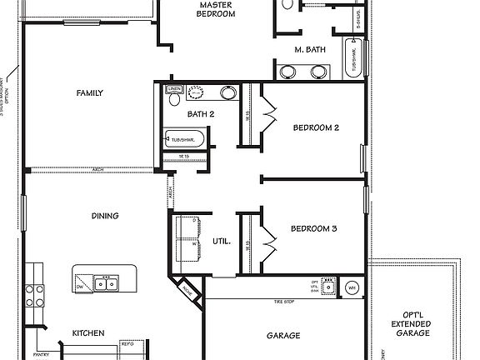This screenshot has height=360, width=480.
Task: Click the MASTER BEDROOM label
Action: [216, 9]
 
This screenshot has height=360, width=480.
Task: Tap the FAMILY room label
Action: [89, 92]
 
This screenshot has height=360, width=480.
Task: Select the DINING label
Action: [105, 216]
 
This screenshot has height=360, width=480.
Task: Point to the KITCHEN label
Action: [88, 332]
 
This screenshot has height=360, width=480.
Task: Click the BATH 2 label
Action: [201, 114]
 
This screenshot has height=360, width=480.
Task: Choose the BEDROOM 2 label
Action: [315, 127]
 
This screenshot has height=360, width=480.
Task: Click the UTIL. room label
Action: [221, 242]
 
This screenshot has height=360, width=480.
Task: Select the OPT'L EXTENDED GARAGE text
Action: [412, 324]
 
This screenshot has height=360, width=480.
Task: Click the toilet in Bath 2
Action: [174, 100]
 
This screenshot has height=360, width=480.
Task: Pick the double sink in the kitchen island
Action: [106, 284]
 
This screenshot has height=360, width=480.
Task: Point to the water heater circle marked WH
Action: [352, 287]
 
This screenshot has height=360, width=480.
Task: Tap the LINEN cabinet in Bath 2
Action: [174, 87]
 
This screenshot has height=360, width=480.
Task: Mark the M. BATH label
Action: [309, 50]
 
